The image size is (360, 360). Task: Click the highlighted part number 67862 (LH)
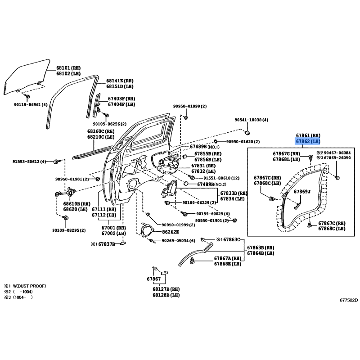pyautogui.click(x=308, y=141)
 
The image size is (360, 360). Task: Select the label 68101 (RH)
pyautogui.click(x=68, y=68)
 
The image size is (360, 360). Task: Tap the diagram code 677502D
pyautogui.click(x=349, y=300)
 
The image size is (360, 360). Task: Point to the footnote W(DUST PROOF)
pyautogui.click(x=29, y=286)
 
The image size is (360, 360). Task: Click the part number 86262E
pyautogui.click(x=171, y=232)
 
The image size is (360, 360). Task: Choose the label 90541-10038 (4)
pyautogui.click(x=252, y=120)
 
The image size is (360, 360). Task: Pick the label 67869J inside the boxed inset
pyautogui.click(x=302, y=192)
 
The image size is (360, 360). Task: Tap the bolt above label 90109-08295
pyautogui.click(x=66, y=217)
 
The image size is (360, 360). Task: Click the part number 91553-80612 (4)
pyautogui.click(x=29, y=162)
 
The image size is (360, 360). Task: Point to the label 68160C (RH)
pyautogui.click(x=101, y=131)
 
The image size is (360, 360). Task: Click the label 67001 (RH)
pyautogui.click(x=114, y=228)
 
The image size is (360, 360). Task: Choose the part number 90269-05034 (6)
pyautogui.click(x=178, y=241)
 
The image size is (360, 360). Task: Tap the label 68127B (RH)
pyautogui.click(x=166, y=289)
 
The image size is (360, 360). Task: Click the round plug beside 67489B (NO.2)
pyautogui.click(x=186, y=184)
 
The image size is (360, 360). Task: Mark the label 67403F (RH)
pyautogui.click(x=121, y=99)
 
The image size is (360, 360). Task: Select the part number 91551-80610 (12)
pyautogui.click(x=221, y=178)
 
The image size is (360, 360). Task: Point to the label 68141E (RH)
pyautogui.click(x=120, y=81)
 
